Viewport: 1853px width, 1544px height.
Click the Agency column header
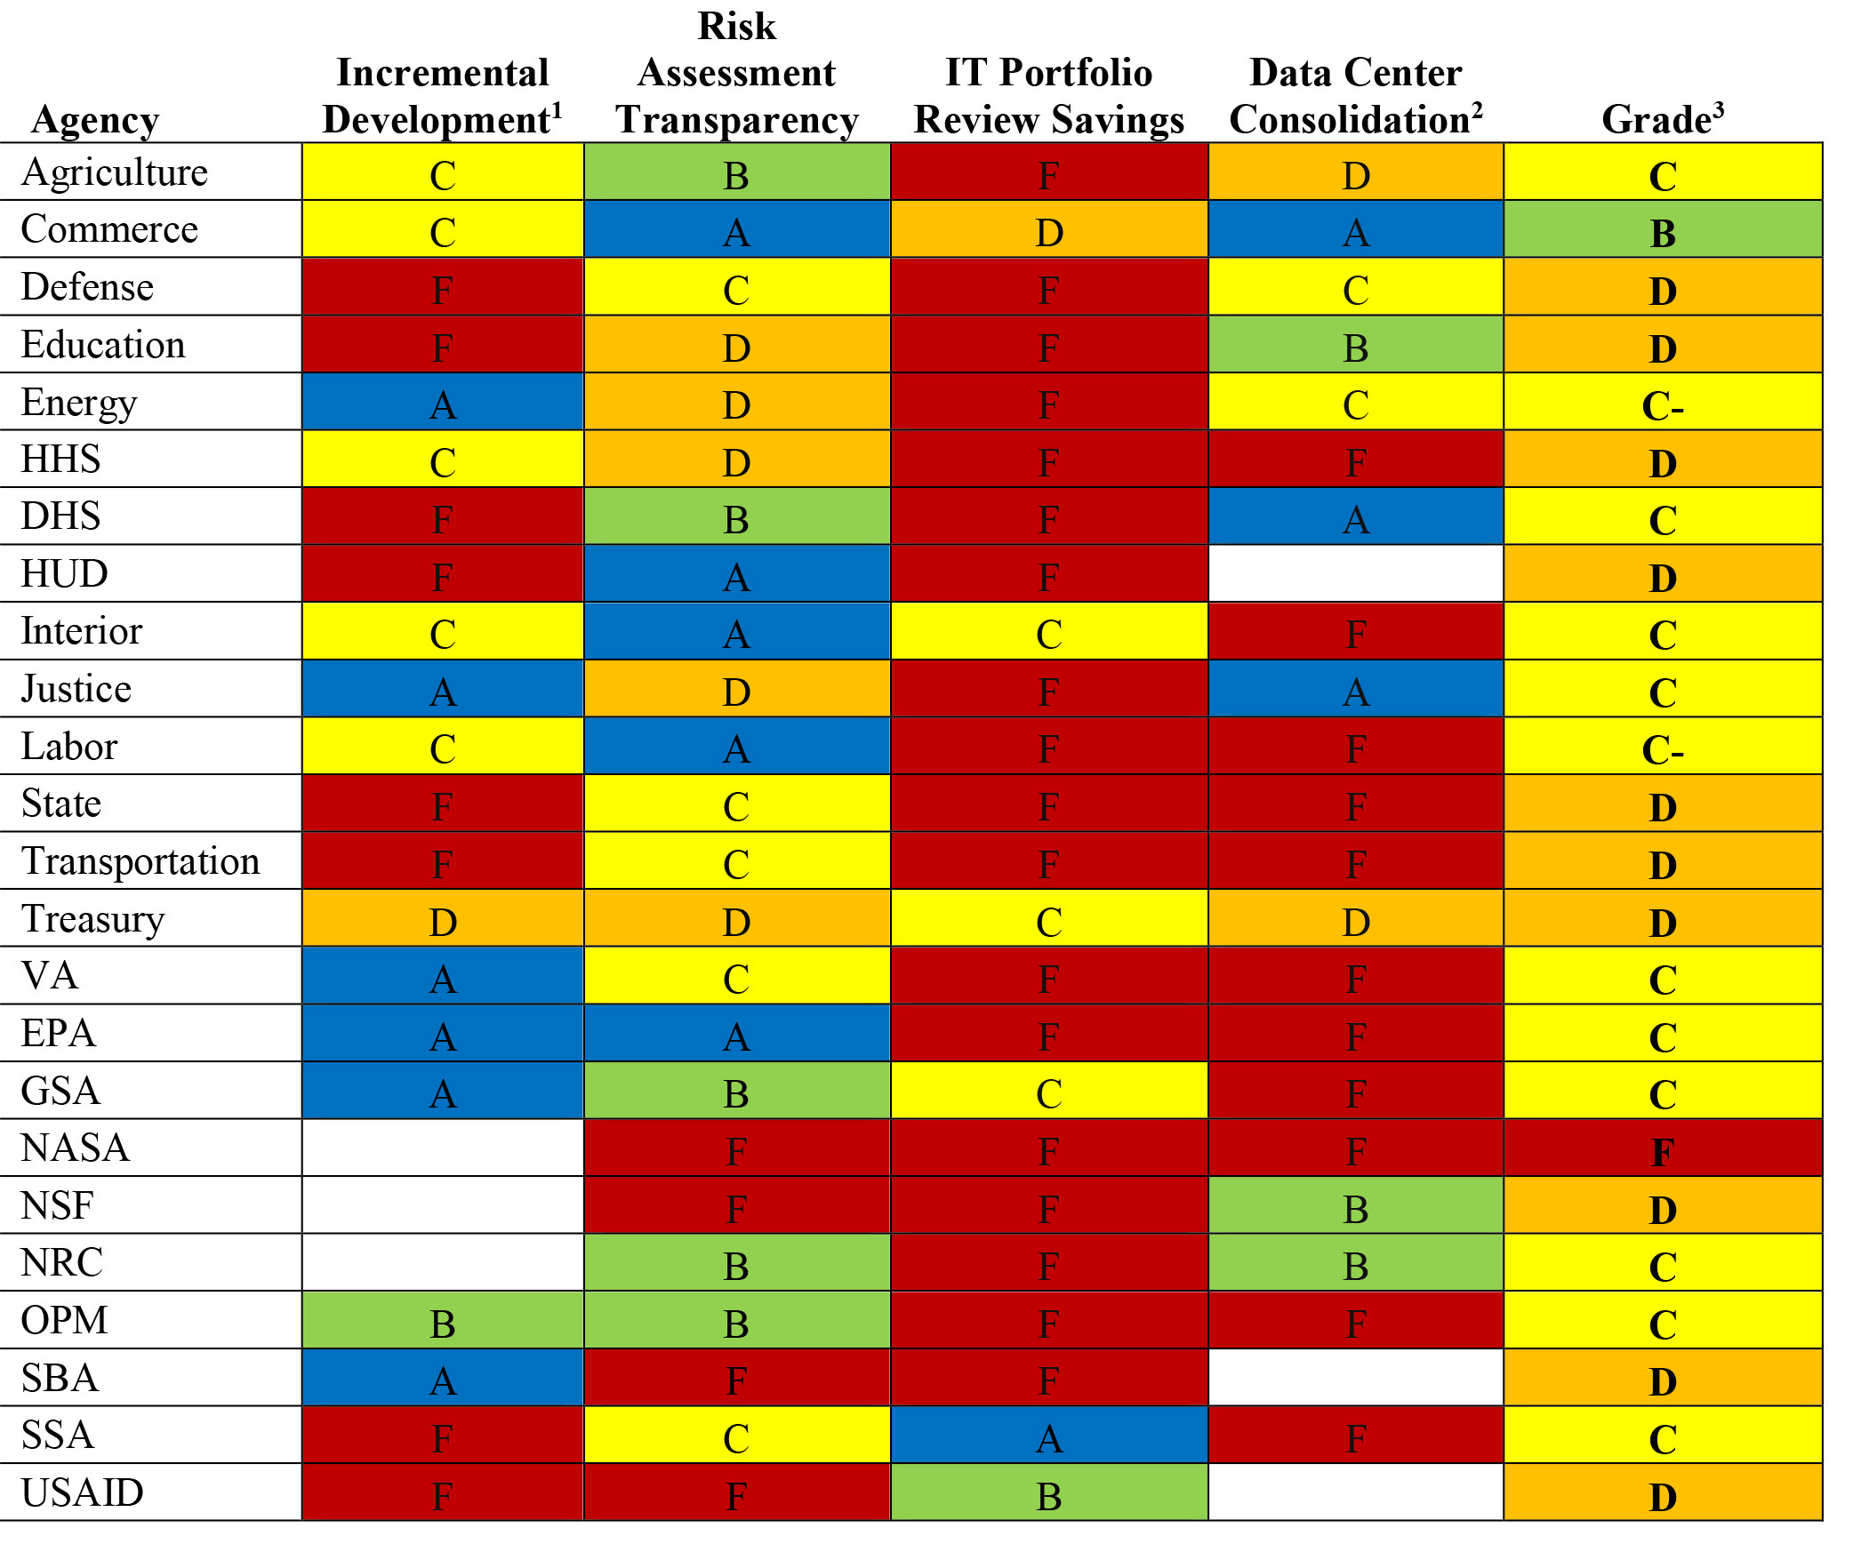95,120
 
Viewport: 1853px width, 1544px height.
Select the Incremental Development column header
442,96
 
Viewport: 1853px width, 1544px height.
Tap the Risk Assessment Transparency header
736,73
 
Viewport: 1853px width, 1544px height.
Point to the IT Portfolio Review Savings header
1048,96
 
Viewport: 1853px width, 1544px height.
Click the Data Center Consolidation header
1355,96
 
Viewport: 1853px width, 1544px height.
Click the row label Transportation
140,861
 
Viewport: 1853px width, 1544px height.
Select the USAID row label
82,1492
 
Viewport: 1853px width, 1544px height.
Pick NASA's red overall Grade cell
1662,1148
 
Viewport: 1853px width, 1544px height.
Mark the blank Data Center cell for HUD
1355,573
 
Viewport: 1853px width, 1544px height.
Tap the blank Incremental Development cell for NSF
442,1205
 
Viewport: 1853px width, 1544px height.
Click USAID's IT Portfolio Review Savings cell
1048,1492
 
